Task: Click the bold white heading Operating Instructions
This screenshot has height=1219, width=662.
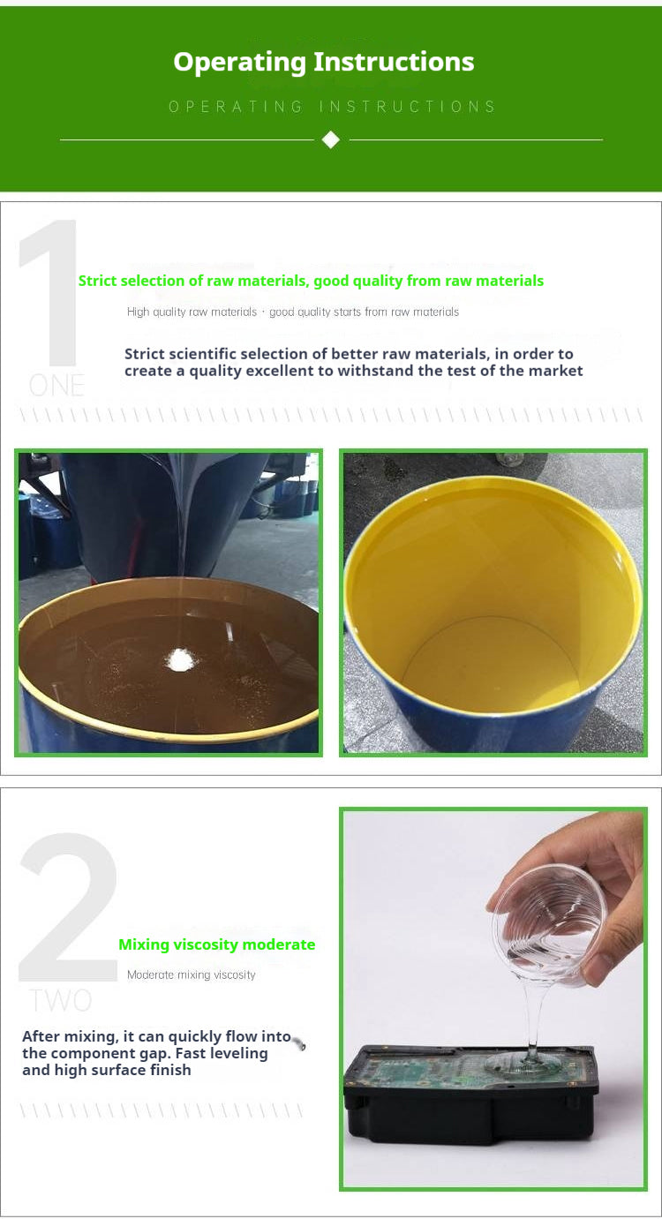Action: [324, 62]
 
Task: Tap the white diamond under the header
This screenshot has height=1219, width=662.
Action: [331, 139]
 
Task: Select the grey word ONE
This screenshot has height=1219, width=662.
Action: [57, 386]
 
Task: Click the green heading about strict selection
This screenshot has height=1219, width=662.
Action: [311, 281]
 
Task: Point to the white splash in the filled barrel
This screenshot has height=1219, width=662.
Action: [180, 658]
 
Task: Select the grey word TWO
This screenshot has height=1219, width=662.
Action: [60, 1000]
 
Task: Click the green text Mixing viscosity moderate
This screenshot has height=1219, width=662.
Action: [216, 944]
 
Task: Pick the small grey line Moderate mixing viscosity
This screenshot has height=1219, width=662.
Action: [191, 974]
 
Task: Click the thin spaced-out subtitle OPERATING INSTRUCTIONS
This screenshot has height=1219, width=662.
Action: [332, 107]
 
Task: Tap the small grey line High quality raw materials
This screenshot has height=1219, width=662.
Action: [192, 312]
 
